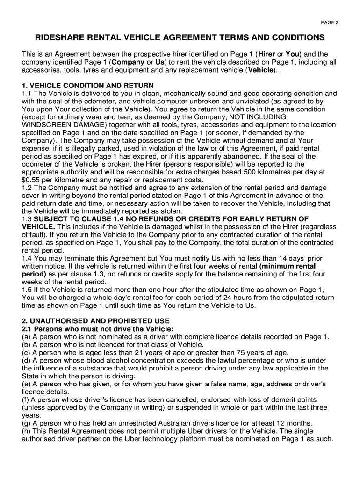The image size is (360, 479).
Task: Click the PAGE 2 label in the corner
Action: [x=330, y=22]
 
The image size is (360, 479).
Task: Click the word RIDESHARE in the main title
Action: [x=61, y=37]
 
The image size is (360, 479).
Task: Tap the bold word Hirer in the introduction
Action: [x=267, y=54]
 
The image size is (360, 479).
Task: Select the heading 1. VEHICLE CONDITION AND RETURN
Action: [x=88, y=85]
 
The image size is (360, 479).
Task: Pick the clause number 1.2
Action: [x=27, y=188]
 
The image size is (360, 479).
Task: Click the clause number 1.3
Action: [x=27, y=219]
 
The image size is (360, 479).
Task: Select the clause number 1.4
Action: [x=27, y=258]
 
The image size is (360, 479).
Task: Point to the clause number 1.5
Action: [x=27, y=290]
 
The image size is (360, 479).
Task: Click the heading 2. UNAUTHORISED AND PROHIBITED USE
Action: [x=95, y=321]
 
